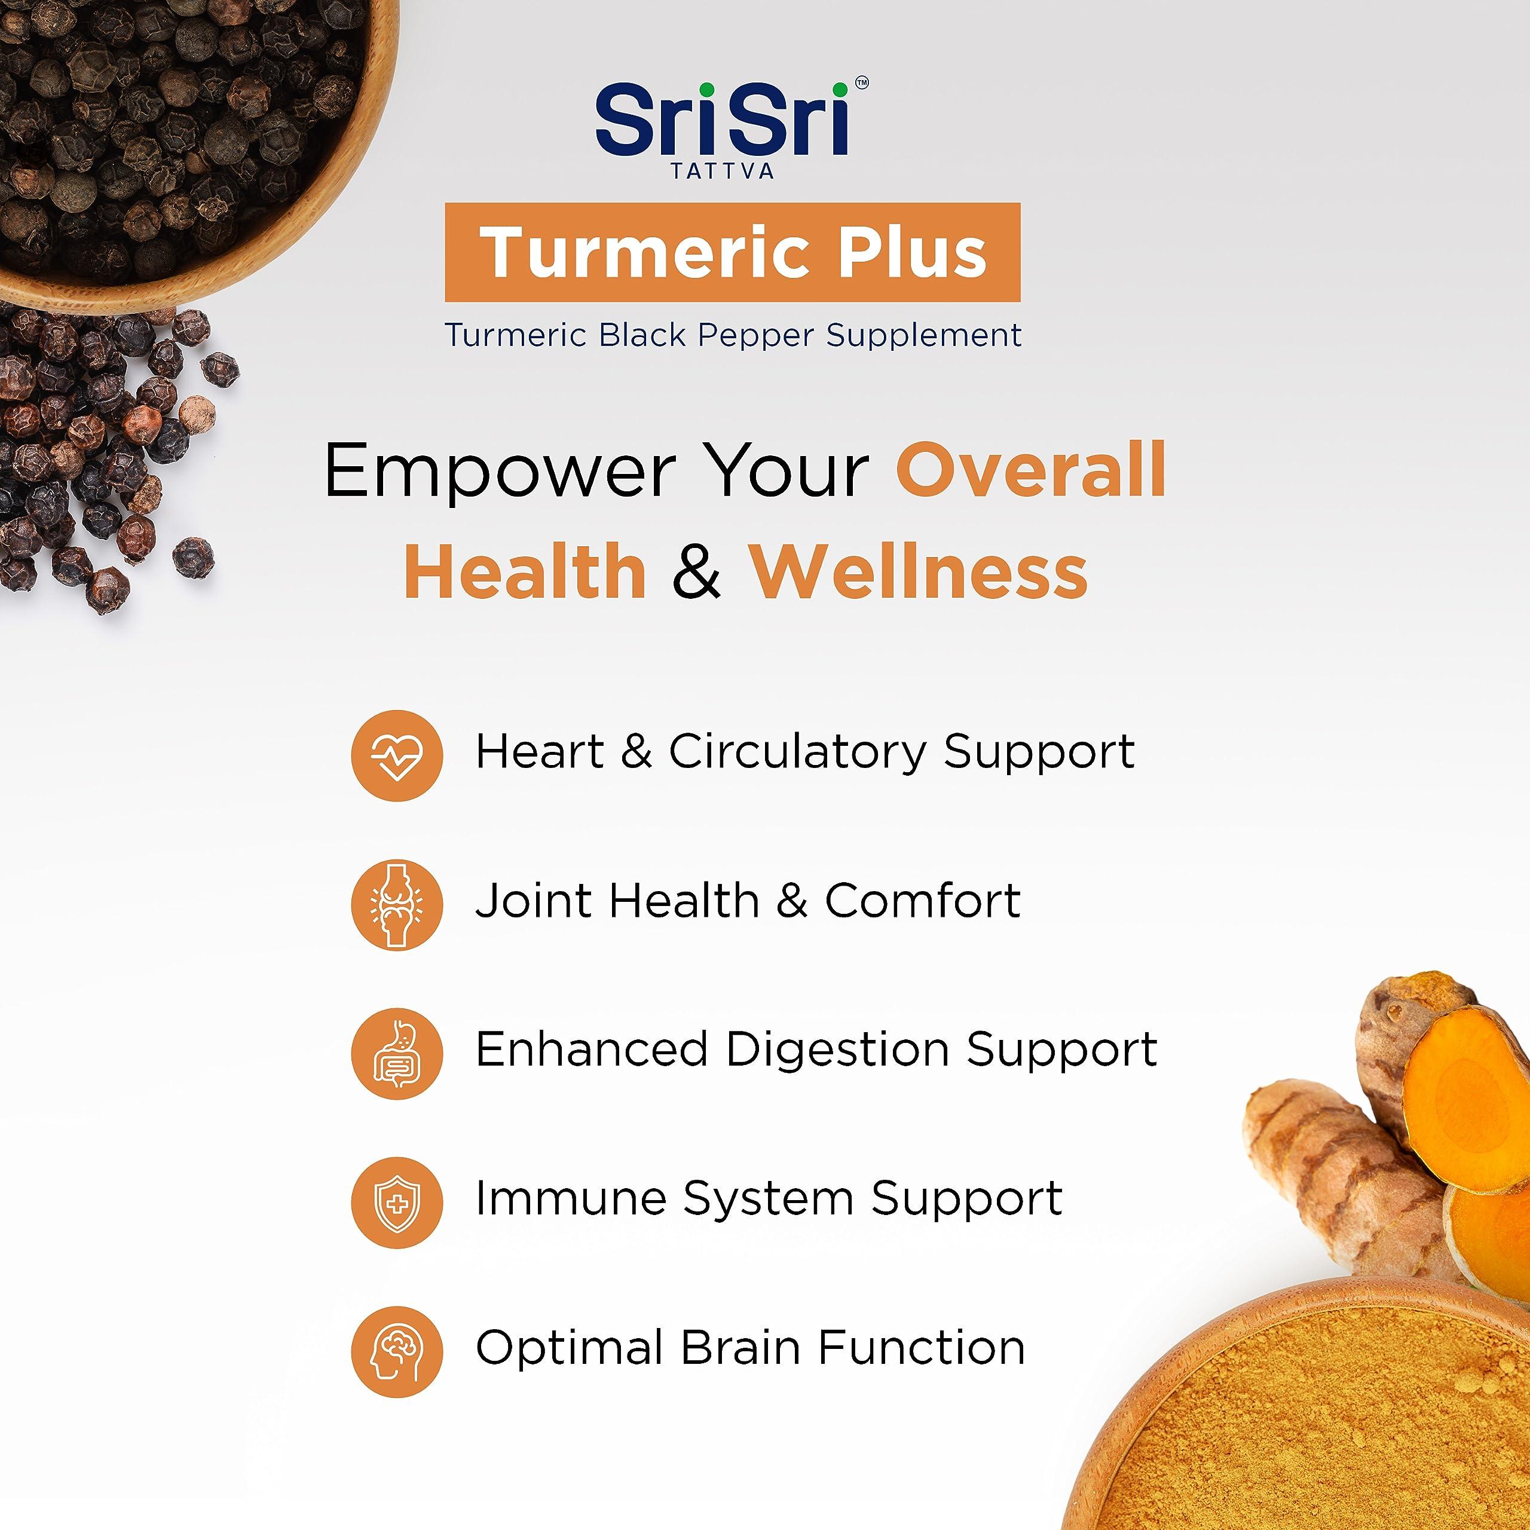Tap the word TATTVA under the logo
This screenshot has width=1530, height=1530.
click(x=722, y=171)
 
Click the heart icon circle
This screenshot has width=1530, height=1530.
click(x=397, y=755)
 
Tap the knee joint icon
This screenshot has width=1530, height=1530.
click(x=397, y=904)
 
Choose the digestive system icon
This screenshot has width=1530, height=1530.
click(x=397, y=1053)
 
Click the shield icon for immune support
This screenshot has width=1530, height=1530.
click(x=397, y=1202)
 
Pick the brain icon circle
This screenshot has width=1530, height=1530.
click(x=397, y=1351)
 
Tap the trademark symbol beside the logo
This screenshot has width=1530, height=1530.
click(x=862, y=82)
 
